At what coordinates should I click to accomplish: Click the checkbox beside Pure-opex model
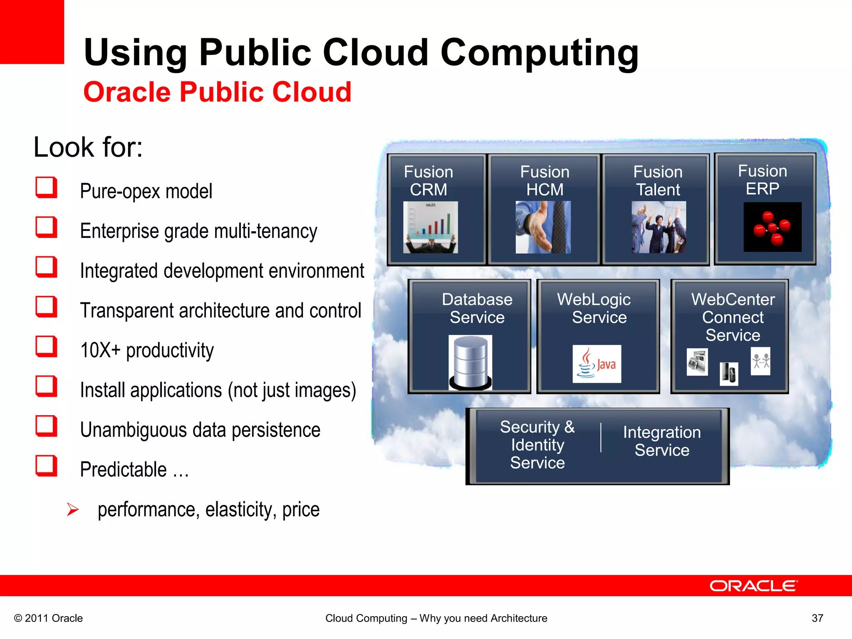tap(46, 187)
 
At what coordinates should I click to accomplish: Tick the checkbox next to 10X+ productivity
tap(46, 347)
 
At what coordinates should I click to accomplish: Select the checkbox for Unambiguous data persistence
tap(46, 426)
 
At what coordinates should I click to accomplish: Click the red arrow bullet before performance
tap(73, 509)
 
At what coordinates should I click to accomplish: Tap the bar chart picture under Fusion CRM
tap(431, 227)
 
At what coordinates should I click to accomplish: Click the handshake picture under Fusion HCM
tap(543, 227)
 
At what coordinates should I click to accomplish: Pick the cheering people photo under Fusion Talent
tap(659, 227)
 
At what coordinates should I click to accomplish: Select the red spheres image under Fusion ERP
tap(773, 227)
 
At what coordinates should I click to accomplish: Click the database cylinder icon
tap(471, 362)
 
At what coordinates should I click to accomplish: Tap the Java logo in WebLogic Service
tap(597, 364)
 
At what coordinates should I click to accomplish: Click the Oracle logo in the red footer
tap(753, 586)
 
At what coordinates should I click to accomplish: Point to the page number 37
tap(817, 618)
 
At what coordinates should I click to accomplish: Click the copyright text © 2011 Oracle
tap(49, 618)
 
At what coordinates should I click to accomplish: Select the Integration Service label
tap(662, 441)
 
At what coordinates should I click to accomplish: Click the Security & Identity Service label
tap(537, 445)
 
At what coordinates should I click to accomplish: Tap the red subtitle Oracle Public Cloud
tap(218, 92)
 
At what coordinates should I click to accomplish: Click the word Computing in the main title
tap(540, 53)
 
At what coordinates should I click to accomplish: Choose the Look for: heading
tap(88, 147)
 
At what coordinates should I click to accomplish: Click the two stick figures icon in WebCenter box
tap(760, 361)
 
